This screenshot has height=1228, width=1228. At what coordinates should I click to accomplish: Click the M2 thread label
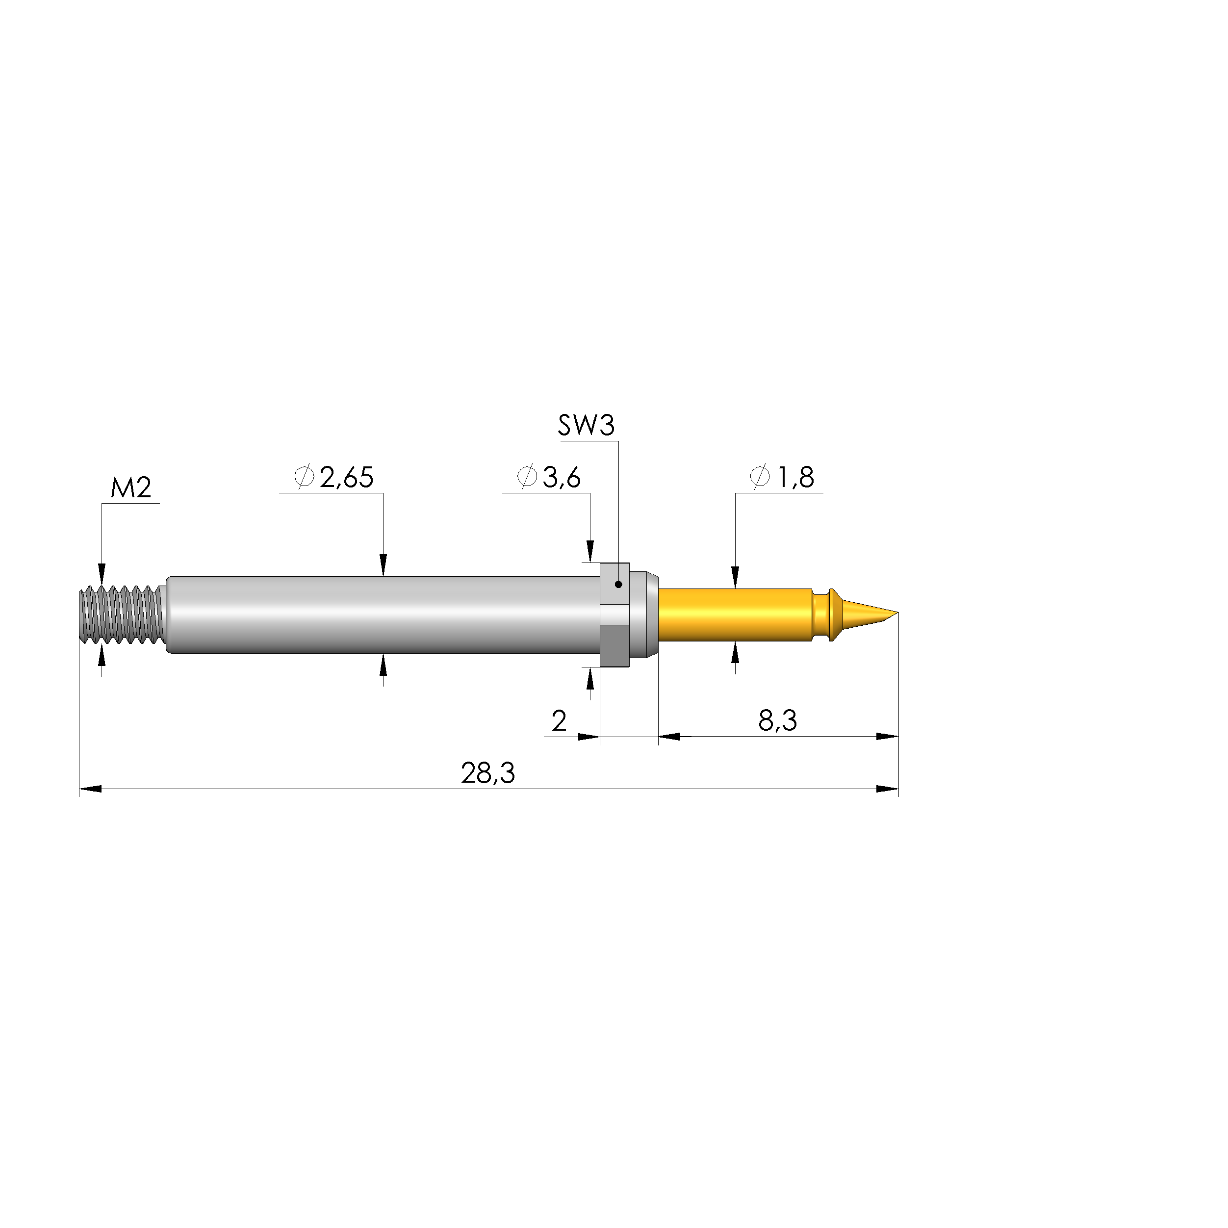pos(131,488)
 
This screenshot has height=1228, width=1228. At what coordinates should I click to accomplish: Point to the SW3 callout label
pos(586,426)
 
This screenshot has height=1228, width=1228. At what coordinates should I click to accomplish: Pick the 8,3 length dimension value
pos(777,721)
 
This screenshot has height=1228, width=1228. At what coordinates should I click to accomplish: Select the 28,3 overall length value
pos(487,773)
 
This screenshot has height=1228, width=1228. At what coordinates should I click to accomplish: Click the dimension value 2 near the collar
pos(560,721)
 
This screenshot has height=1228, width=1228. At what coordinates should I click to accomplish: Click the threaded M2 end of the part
pos(121,614)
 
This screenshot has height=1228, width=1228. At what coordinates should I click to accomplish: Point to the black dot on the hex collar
pos(618,584)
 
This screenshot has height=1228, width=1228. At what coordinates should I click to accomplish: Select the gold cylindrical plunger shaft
pos(734,614)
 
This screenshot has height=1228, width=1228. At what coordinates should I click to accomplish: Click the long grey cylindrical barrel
pos(382,614)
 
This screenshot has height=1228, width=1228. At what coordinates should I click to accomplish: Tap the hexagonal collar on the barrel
pos(614,614)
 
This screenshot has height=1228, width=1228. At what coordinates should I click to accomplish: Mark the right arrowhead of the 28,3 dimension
pos(888,789)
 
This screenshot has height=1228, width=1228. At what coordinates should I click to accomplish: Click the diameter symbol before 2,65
pos(305,477)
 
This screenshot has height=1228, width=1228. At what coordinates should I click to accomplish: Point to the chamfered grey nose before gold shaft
pos(648,614)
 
